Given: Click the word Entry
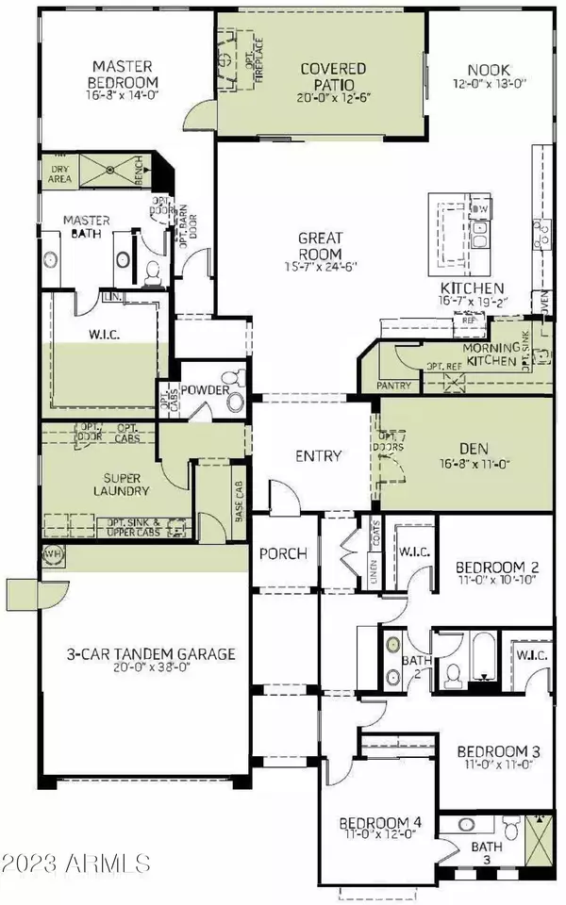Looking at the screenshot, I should (318, 456).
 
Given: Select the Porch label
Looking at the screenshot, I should (284, 553).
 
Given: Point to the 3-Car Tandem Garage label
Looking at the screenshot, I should (138, 653).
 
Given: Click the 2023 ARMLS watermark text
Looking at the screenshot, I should (75, 863).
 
